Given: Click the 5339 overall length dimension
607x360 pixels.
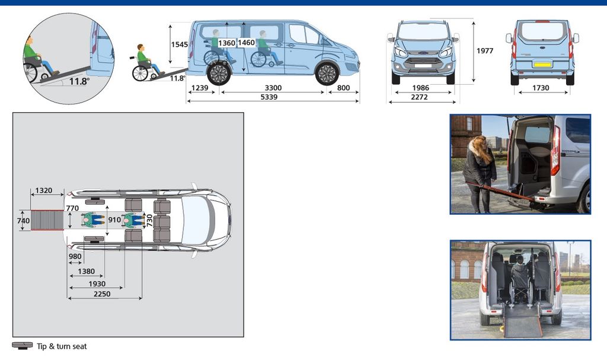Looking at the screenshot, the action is [269, 97].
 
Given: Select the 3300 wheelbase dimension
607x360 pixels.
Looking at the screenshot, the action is [273, 88].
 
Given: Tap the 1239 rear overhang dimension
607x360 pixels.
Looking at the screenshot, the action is [200, 88].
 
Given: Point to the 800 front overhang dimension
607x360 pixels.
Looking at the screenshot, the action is [343, 88].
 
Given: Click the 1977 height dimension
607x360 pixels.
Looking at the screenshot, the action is [485, 51].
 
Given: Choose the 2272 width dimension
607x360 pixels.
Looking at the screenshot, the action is [419, 97].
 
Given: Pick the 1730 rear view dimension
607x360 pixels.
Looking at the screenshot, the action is [541, 88].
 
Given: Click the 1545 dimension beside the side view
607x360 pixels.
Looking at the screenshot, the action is [179, 44].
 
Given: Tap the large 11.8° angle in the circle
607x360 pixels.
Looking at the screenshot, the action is [79, 81].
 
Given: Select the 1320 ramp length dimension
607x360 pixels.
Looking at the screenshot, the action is [44, 190].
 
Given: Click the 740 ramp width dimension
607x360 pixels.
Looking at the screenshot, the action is [23, 221].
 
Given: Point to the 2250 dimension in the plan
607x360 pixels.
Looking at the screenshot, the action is [102, 294].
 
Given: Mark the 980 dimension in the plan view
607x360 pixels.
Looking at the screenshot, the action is [75, 257].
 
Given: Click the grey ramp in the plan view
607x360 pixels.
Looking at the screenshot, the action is [47, 220].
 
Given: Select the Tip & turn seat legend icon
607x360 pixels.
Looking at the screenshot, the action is [22, 346].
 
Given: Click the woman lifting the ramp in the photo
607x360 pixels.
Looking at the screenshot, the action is [479, 174].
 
